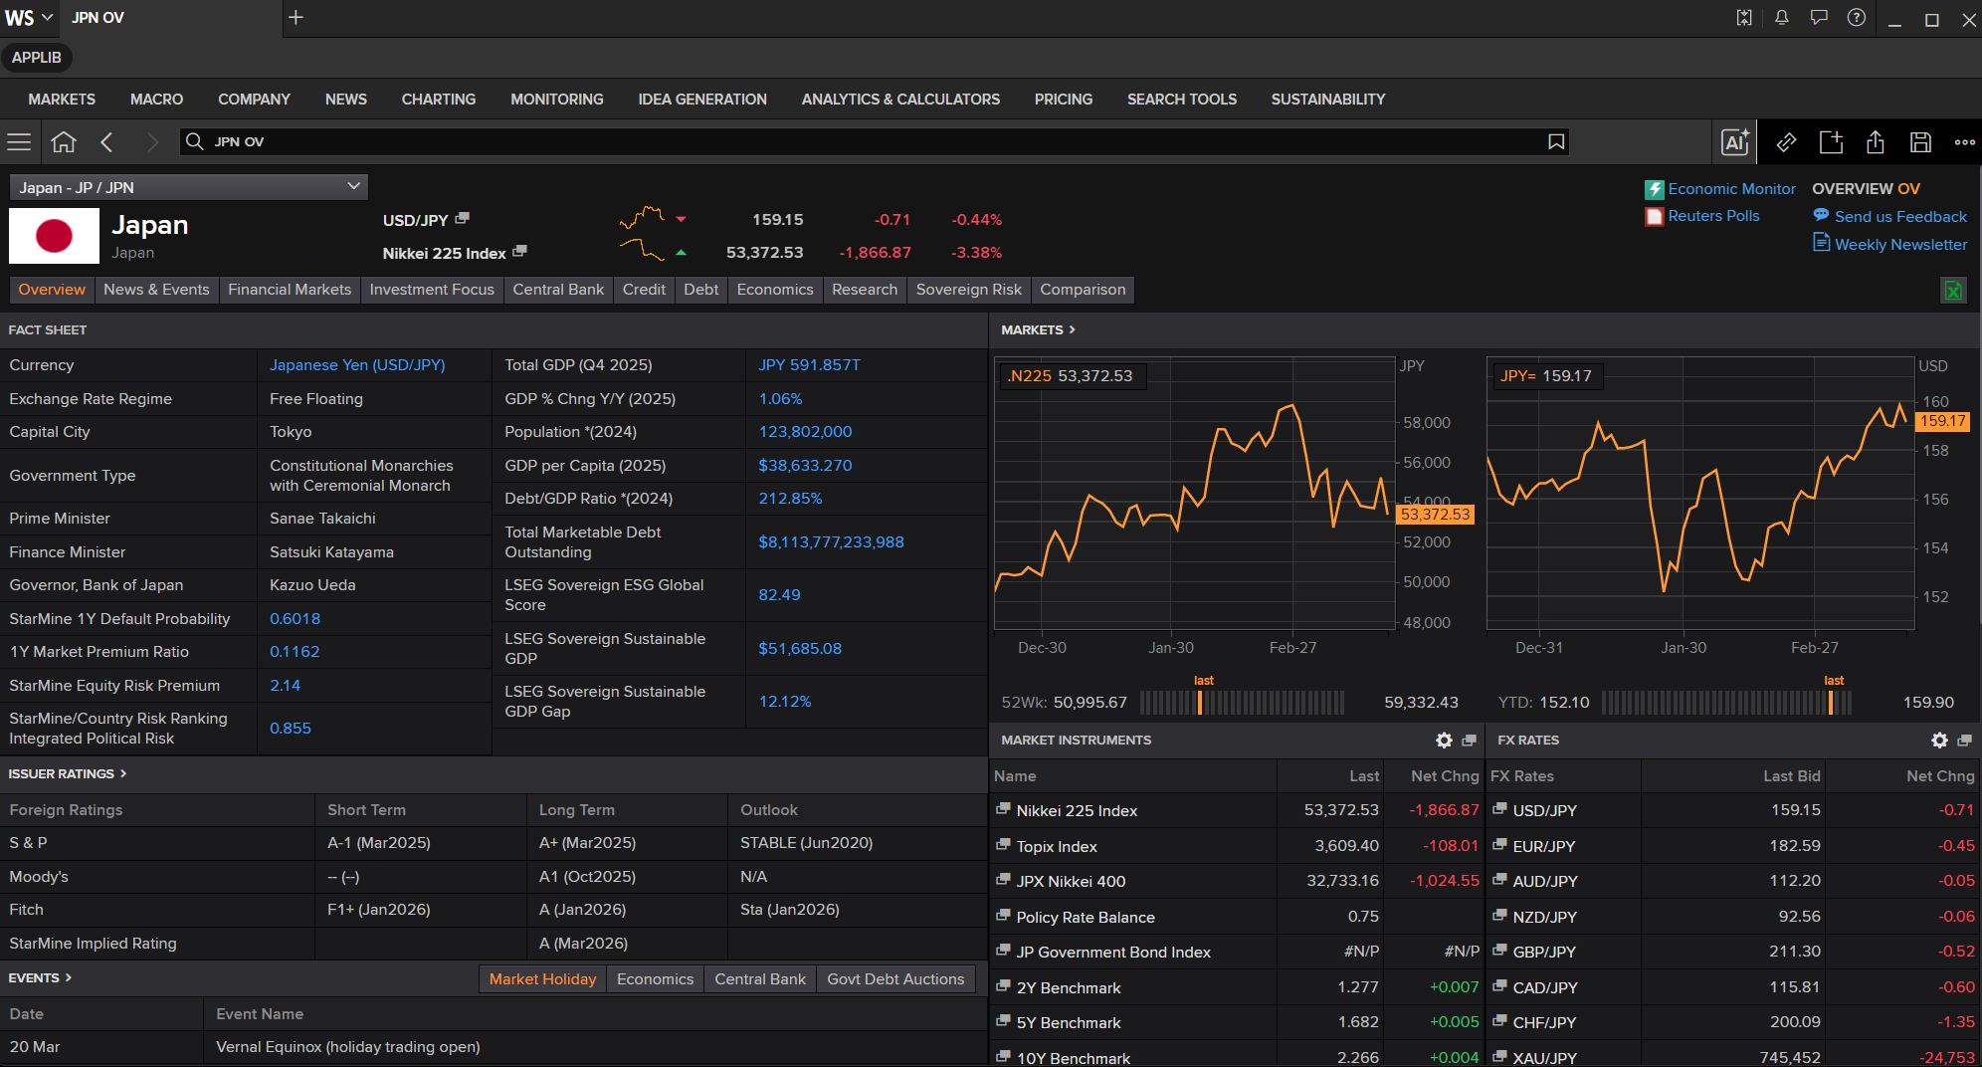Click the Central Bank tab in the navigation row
tap(558, 290)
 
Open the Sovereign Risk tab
tap(968, 290)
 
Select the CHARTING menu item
tap(439, 100)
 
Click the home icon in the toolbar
tap(64, 142)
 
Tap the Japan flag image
tap(54, 236)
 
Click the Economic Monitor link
tap(1731, 189)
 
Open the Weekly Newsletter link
tap(1900, 245)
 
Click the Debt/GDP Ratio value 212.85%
tap(790, 499)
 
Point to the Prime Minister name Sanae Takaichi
tap(322, 519)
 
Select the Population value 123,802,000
tap(805, 432)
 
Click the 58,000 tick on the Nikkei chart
tap(1427, 423)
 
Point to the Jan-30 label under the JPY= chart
tap(1684, 648)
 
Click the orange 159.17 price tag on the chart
tap(1943, 421)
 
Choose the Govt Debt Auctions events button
tap(895, 979)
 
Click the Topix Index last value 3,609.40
tap(1347, 846)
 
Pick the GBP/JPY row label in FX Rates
tap(1544, 953)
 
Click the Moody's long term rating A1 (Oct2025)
tap(587, 877)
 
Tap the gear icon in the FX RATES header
tap(1939, 741)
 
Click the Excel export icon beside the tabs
tap(1953, 291)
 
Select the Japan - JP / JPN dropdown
tap(189, 187)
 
